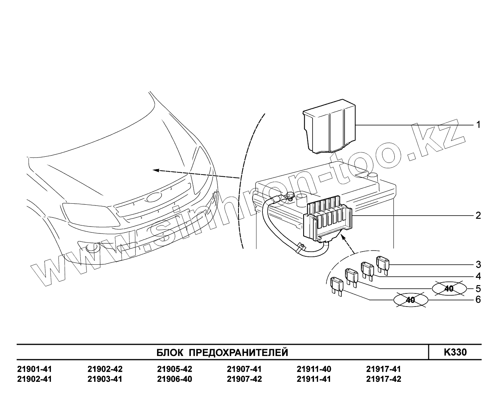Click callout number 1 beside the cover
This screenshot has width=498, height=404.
click(478, 125)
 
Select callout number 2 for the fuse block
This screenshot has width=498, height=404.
click(478, 215)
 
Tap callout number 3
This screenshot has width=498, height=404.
click(478, 264)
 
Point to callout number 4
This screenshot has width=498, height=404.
click(478, 276)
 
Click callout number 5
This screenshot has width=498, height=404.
click(478, 289)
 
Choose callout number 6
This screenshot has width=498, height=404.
click(478, 300)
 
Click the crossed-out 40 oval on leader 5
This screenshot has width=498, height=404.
click(449, 289)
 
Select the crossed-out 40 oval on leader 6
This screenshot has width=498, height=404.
click(410, 300)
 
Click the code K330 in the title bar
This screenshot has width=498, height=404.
click(455, 352)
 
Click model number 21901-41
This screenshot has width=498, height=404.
click(35, 369)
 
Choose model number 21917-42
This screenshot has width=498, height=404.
click(383, 379)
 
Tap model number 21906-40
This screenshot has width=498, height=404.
click(174, 379)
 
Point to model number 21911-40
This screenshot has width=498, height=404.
click(314, 369)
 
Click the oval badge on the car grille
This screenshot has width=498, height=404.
click(155, 197)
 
